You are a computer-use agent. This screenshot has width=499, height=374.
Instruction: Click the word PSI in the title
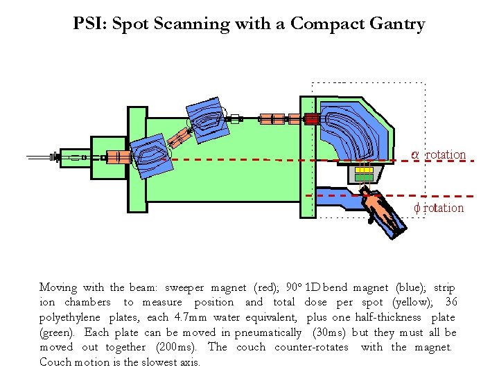(x=89, y=24)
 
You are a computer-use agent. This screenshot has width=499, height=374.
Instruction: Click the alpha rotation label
(x=439, y=154)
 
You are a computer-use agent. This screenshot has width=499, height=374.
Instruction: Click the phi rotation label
(x=439, y=208)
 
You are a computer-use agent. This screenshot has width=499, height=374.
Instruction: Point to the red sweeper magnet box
(x=312, y=119)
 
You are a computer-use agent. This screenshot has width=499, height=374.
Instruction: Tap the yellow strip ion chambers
(x=365, y=170)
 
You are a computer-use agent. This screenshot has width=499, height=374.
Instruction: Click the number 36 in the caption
(x=450, y=302)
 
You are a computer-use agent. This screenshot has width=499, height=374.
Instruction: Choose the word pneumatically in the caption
(x=268, y=332)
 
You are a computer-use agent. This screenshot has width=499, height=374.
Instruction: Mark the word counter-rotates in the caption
(x=311, y=347)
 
